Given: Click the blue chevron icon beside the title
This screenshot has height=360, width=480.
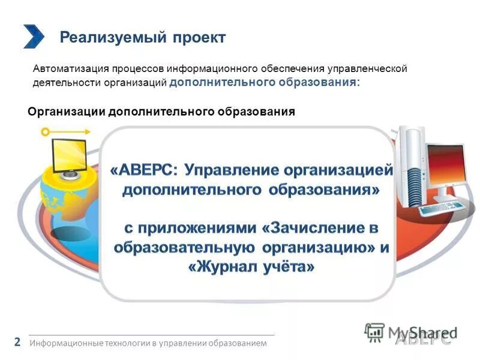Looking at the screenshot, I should click(34, 36).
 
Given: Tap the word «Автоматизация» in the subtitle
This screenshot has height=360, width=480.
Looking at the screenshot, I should click(64, 69).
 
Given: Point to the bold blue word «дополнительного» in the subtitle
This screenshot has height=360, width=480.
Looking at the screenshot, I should click(222, 82).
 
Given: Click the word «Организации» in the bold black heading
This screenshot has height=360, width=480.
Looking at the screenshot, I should click(67, 112).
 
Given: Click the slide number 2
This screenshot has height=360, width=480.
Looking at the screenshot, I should click(17, 343).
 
